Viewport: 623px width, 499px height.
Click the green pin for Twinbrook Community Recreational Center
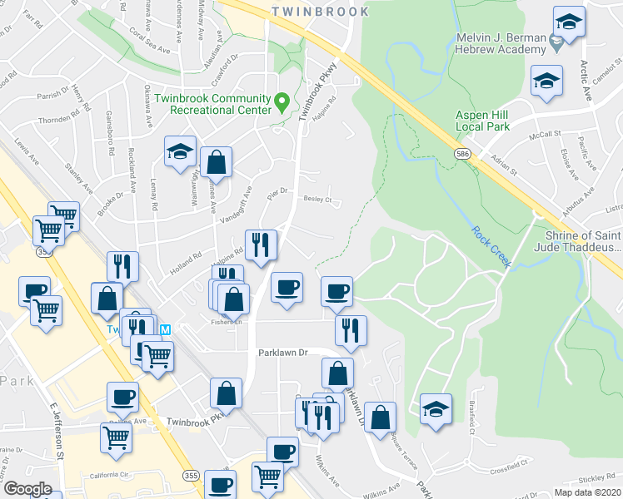click(x=282, y=102)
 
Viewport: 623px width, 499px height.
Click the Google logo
click(x=27, y=489)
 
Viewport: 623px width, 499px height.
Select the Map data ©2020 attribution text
click(x=586, y=492)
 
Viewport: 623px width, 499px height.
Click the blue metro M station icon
click(x=165, y=329)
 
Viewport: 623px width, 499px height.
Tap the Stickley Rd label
click(x=596, y=478)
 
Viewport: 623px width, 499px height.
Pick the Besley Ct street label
click(x=317, y=200)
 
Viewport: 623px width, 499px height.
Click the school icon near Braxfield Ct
click(x=436, y=409)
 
